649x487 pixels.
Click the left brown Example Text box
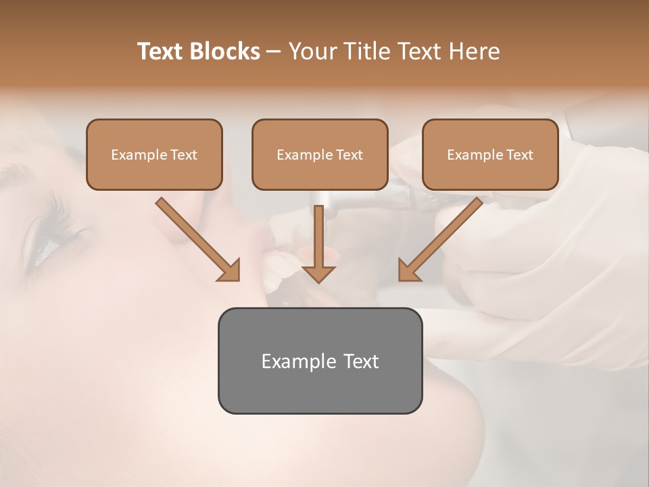coord(154,155)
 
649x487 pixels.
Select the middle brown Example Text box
coord(320,155)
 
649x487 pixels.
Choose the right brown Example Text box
coord(490,155)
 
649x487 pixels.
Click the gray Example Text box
coord(320,361)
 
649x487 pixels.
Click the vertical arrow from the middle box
coord(318,237)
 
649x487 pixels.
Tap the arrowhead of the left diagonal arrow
coord(230,271)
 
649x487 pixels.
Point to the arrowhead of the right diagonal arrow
coord(408,271)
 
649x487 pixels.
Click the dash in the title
coord(274,52)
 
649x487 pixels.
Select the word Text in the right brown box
coord(520,155)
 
